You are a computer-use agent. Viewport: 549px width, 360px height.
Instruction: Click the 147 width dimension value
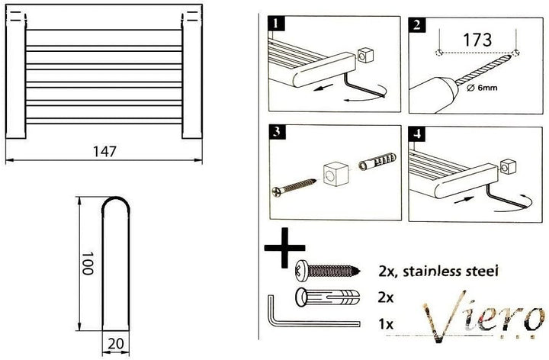[x=104, y=151]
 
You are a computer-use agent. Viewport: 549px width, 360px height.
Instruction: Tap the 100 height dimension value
[x=87, y=262]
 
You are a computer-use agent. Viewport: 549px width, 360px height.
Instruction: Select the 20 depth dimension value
[x=116, y=344]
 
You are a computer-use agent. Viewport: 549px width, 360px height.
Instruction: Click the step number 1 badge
[x=276, y=24]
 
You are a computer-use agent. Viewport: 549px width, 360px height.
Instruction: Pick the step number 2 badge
[x=416, y=26]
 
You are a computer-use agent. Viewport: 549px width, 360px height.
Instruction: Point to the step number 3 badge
[x=278, y=133]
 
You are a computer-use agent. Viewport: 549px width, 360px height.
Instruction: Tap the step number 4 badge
[x=417, y=133]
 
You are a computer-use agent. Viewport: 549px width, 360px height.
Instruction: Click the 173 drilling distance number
[x=477, y=40]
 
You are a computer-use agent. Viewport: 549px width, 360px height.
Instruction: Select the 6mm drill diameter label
[x=482, y=88]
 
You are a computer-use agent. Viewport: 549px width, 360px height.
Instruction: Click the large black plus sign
[x=284, y=248]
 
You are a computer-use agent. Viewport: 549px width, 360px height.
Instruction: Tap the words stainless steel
[x=451, y=271]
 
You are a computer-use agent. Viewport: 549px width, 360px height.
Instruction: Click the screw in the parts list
[x=329, y=271]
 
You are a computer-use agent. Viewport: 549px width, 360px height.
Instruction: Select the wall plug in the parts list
[x=329, y=297]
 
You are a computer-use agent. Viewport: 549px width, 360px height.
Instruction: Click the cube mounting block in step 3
[x=335, y=174]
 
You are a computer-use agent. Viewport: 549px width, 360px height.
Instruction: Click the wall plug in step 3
[x=377, y=162]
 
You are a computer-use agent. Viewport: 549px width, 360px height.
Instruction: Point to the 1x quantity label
[x=386, y=324]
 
